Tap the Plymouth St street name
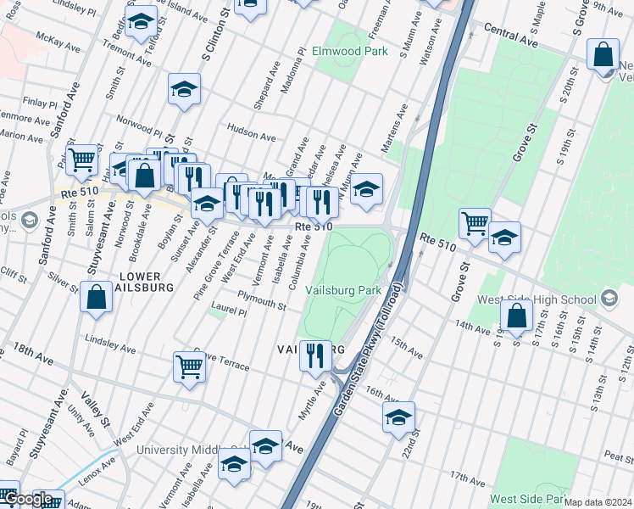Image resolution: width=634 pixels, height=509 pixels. click(261, 299)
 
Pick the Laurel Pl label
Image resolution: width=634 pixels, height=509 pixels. click(229, 312)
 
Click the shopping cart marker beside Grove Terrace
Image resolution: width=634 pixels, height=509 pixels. click(189, 367)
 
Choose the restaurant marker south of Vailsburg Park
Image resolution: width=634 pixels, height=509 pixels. click(315, 355)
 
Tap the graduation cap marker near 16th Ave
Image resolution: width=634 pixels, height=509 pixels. click(398, 417)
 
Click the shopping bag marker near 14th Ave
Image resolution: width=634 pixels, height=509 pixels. click(516, 316)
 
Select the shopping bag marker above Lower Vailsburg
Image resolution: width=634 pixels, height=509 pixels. click(96, 298)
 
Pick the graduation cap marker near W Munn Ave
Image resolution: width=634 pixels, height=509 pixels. click(366, 189)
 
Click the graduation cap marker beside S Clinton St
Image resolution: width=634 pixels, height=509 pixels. click(184, 90)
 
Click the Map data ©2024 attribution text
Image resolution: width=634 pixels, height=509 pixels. click(598, 502)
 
